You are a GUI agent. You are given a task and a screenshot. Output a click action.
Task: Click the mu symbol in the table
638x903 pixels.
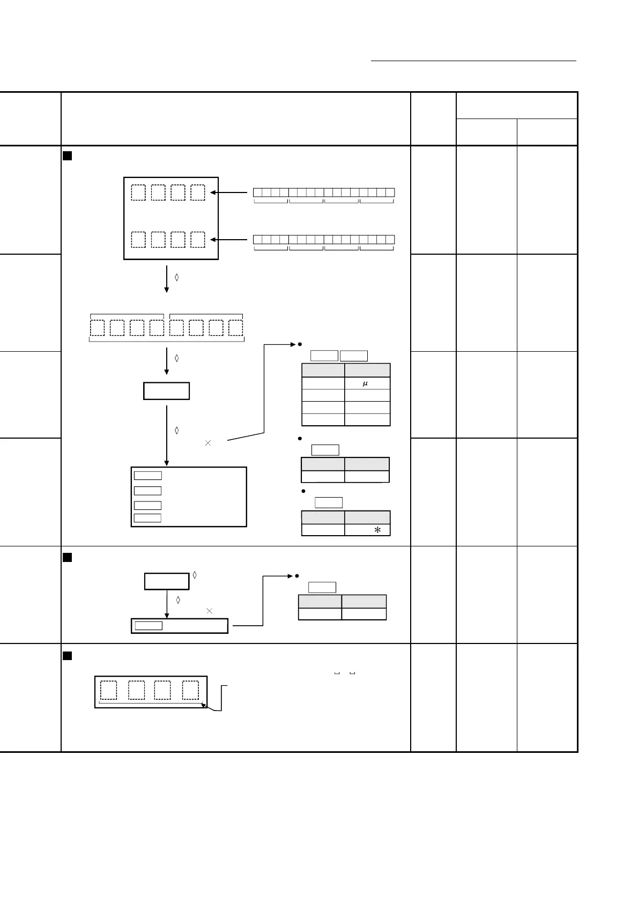[365, 384]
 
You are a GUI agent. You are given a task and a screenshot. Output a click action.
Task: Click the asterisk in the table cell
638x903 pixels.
[377, 530]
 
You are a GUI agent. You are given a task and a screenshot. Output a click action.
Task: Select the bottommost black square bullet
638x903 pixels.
[68, 655]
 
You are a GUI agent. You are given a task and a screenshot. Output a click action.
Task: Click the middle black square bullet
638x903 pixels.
[68, 558]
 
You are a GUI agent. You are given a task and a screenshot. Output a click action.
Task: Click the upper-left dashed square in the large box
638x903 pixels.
[138, 193]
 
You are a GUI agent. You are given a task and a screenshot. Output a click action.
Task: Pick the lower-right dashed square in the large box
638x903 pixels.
[198, 239]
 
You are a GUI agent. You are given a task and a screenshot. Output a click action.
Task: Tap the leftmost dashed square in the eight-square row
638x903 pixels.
[97, 328]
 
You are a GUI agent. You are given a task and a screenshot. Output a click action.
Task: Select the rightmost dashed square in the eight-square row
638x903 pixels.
[236, 328]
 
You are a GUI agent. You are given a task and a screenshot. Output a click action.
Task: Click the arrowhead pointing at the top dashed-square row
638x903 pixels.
[213, 192]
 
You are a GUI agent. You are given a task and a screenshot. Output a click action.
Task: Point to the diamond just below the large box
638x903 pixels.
[177, 277]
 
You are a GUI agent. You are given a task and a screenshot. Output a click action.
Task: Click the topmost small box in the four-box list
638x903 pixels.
[147, 476]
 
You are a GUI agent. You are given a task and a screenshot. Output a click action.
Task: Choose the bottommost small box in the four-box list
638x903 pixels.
[147, 518]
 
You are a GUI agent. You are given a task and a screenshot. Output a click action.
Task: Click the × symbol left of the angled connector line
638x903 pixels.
[208, 443]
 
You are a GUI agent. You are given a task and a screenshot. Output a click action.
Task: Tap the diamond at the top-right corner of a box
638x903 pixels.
[195, 575]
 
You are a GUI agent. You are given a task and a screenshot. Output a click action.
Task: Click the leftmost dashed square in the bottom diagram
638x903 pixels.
[108, 690]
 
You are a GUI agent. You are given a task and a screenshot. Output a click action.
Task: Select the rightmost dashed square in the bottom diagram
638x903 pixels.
[190, 690]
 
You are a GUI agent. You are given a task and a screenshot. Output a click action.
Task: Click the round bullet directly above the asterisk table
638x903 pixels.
[303, 491]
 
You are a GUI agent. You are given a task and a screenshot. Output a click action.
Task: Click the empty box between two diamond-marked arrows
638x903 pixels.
[166, 391]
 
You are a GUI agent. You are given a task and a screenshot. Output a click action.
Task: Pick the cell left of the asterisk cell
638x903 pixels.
[323, 530]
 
